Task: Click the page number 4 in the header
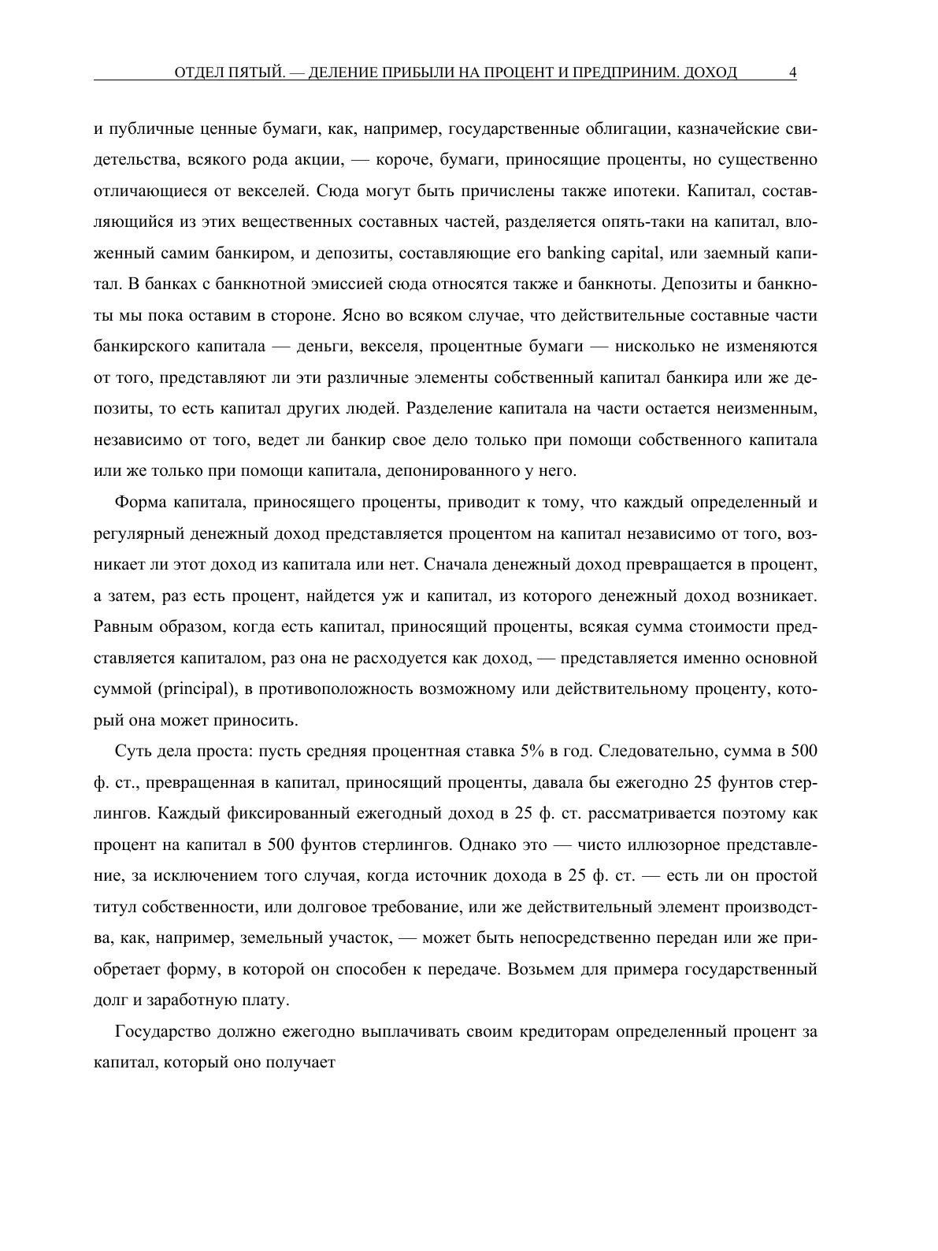click(x=792, y=72)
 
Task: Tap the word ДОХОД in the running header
click(x=711, y=72)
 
